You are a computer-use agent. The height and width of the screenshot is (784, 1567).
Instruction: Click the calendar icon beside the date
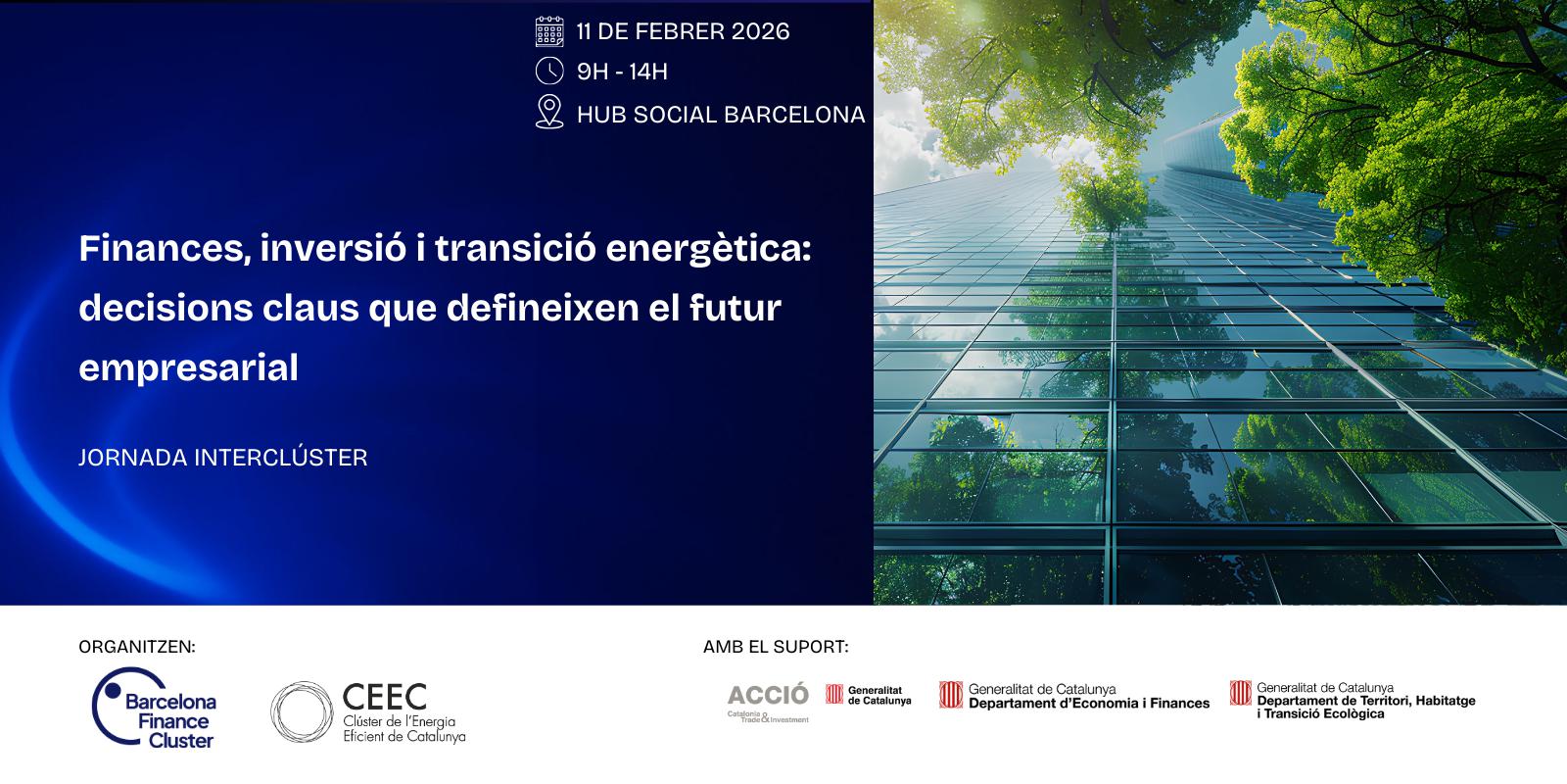tap(549, 31)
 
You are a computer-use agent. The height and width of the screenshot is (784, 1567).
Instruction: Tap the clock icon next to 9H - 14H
tap(549, 72)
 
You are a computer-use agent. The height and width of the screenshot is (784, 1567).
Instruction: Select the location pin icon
tap(549, 112)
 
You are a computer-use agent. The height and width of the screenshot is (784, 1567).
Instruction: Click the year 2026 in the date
tap(760, 31)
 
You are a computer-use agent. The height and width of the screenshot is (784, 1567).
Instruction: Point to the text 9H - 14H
tap(622, 72)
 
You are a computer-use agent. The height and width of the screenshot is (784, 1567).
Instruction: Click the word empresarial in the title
tap(189, 368)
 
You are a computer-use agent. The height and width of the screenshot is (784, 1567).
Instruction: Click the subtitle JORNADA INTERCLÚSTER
tap(223, 457)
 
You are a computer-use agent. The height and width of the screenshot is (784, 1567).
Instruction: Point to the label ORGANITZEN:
tap(137, 647)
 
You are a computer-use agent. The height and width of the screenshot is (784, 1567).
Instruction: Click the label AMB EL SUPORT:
tap(776, 647)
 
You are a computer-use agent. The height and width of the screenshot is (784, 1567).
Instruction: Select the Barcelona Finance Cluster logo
tap(154, 708)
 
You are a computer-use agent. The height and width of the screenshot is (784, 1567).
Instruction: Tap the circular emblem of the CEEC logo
tap(302, 711)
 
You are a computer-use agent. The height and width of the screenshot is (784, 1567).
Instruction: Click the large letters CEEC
tap(385, 697)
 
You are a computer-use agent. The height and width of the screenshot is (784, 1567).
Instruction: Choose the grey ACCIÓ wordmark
tap(768, 695)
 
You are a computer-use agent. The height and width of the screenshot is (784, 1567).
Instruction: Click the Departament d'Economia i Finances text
tap(1089, 704)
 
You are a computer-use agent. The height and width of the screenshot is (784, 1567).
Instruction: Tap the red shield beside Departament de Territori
tap(1240, 693)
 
